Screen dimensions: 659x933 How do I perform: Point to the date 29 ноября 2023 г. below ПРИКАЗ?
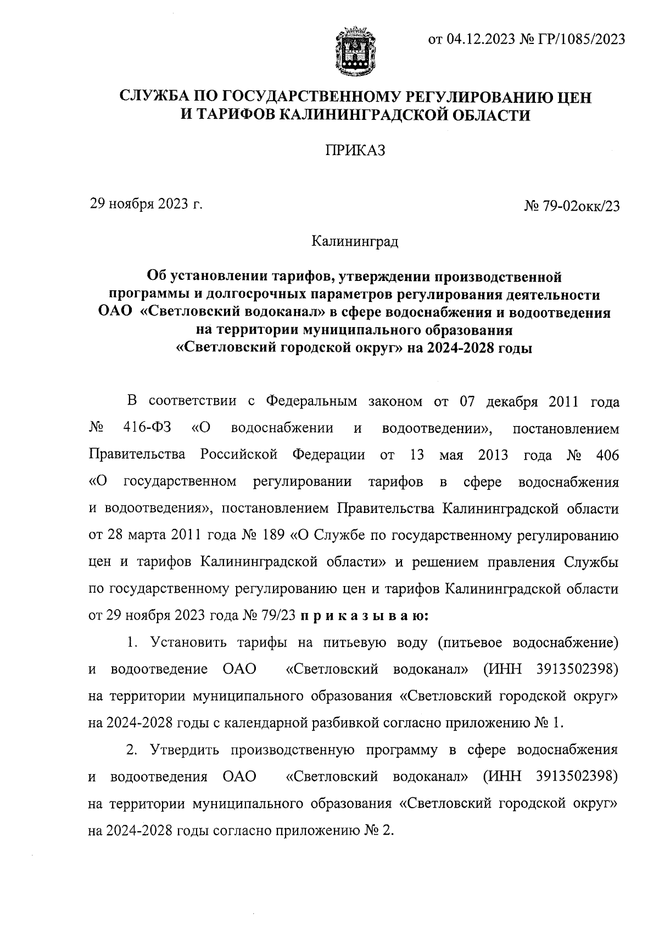[146, 205]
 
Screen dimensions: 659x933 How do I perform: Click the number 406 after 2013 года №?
[607, 456]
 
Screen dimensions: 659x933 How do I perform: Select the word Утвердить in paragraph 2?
[182, 750]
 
